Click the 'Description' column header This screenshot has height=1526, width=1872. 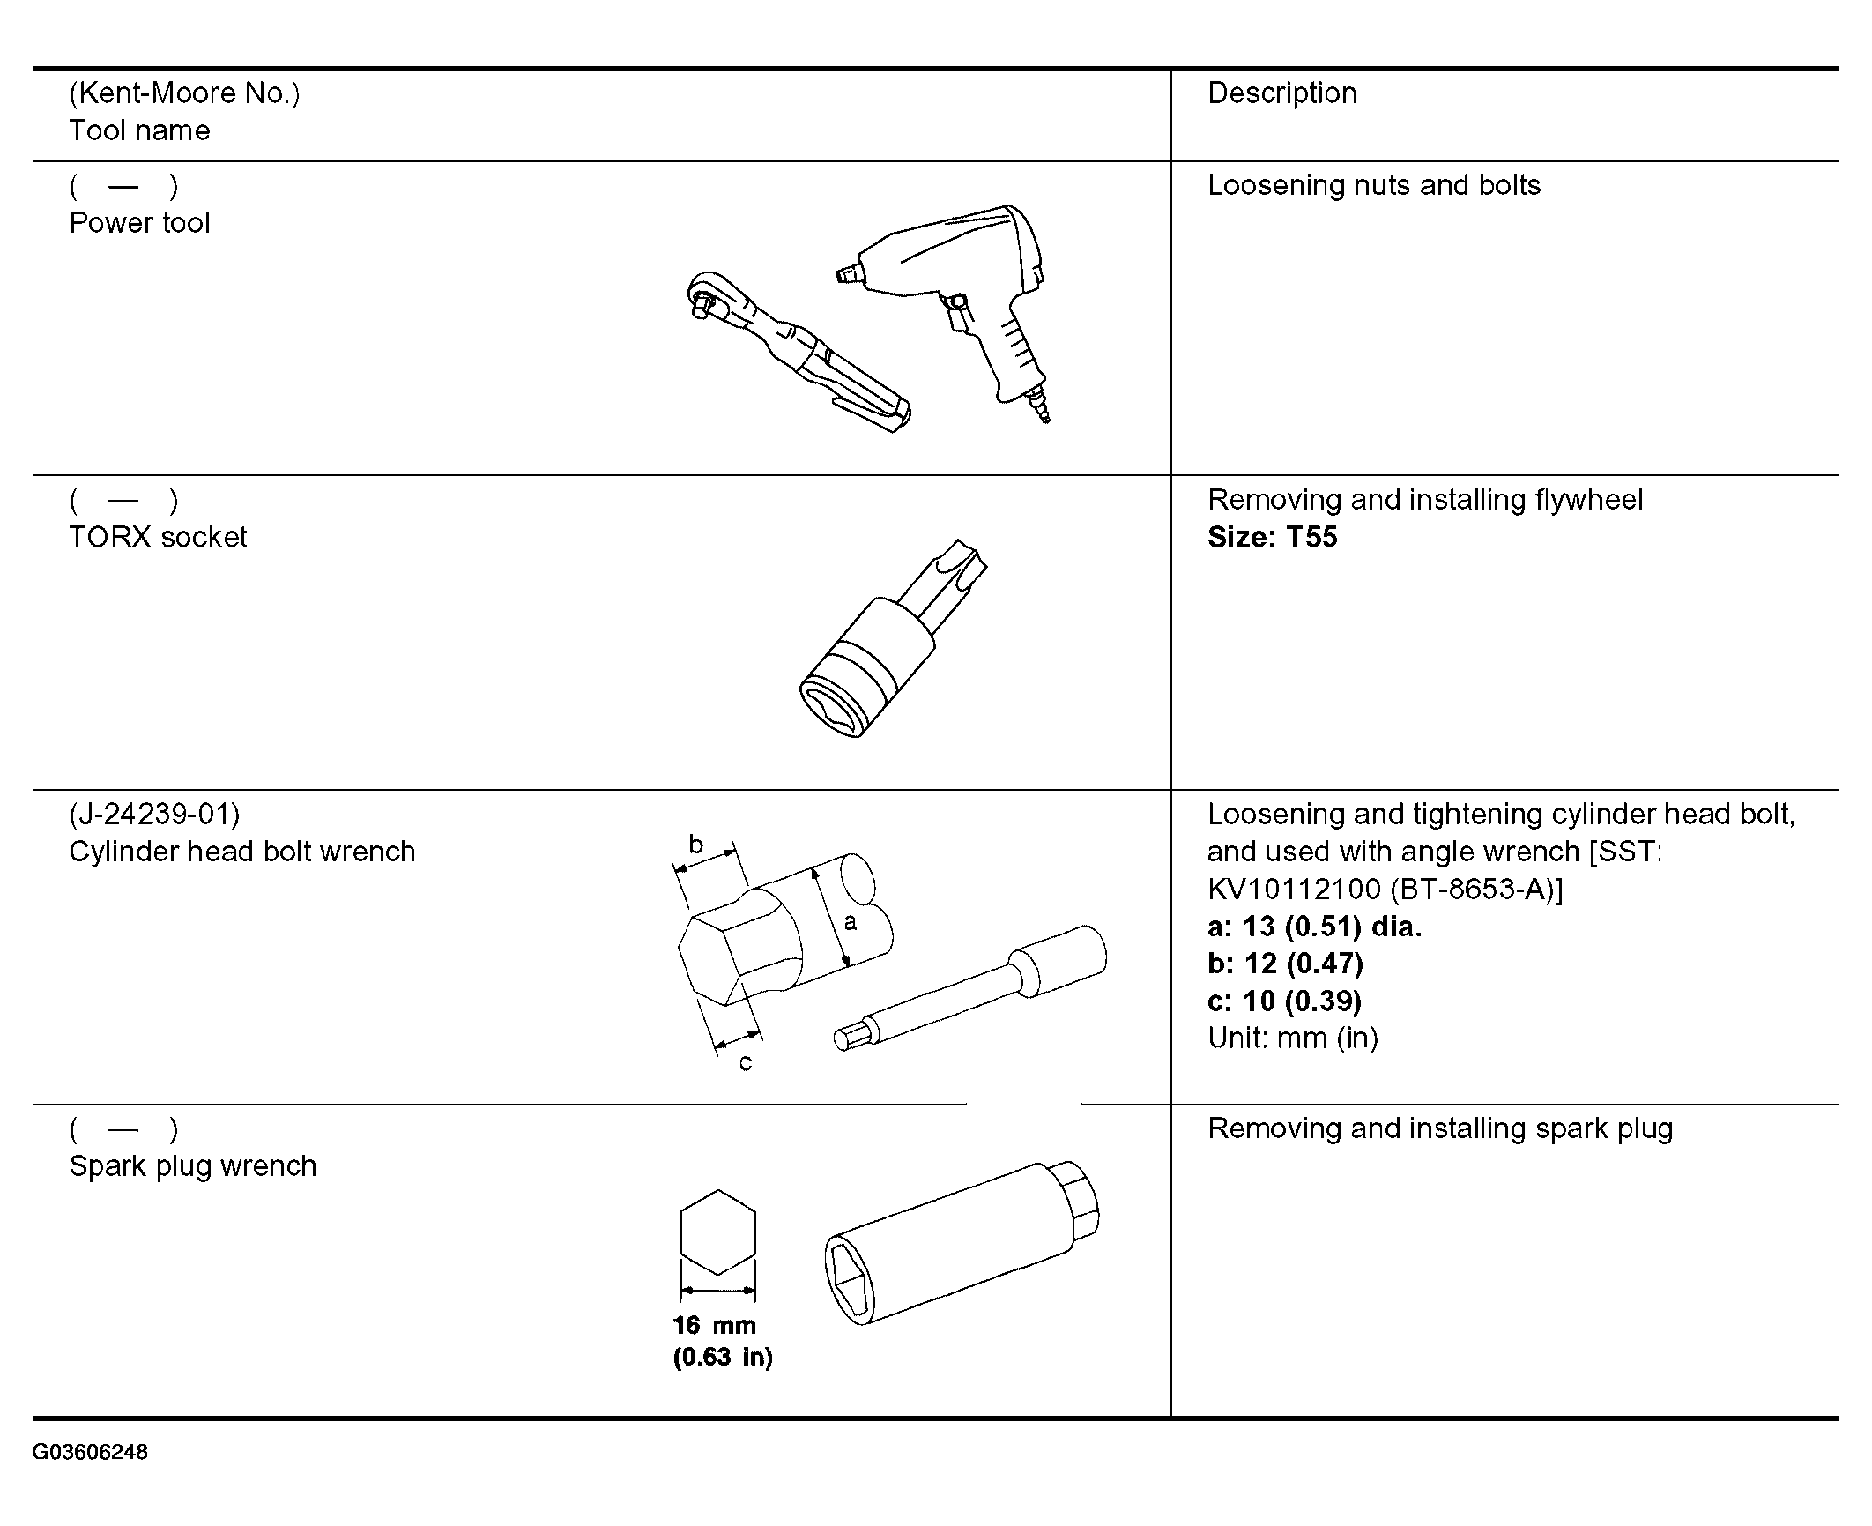(1281, 93)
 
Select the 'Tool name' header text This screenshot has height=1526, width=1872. (139, 131)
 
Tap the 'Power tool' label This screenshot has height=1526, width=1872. (139, 223)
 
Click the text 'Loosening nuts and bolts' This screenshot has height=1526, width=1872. (1373, 186)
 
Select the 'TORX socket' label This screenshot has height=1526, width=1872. (158, 538)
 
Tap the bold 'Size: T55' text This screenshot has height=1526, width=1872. (1272, 538)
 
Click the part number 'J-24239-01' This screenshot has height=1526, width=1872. (154, 815)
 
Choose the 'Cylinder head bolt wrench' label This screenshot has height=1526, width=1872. (241, 852)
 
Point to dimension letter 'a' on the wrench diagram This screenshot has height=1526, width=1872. (850, 922)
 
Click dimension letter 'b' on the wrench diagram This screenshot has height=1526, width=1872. (696, 845)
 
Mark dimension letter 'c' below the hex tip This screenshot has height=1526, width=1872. (746, 1064)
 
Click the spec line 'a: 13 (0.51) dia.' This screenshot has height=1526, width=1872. (1314, 927)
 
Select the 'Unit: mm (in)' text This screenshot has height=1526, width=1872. (1292, 1038)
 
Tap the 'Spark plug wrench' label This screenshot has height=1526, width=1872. (192, 1166)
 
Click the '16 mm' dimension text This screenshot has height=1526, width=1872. (714, 1325)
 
